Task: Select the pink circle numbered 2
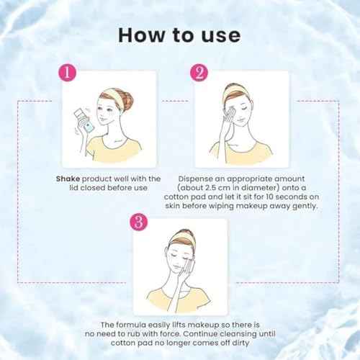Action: coord(200,72)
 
